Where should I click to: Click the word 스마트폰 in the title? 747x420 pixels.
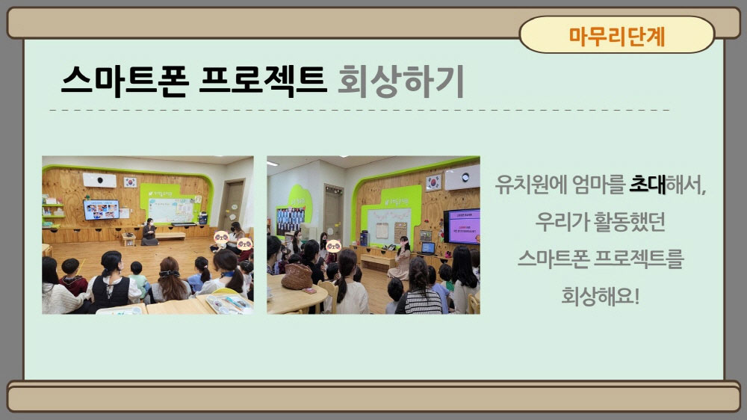[x=125, y=80]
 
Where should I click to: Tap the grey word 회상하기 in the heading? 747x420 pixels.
[x=400, y=80]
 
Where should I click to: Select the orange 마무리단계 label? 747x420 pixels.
[x=617, y=36]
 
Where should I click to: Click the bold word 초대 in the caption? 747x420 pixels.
[x=648, y=184]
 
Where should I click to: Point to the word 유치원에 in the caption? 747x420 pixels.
[x=530, y=184]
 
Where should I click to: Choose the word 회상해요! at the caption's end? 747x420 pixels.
[x=601, y=296]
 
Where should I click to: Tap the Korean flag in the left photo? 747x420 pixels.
[x=130, y=182]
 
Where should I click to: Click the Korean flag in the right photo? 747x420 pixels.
[x=433, y=182]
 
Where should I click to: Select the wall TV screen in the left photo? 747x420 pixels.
[x=102, y=210]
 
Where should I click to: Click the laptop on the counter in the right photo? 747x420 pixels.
[x=427, y=248]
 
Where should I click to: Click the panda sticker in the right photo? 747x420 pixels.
[x=333, y=246]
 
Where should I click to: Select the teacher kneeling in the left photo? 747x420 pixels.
[x=149, y=232]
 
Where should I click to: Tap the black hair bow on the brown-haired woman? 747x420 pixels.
[x=170, y=274]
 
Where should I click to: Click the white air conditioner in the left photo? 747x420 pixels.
[x=99, y=180]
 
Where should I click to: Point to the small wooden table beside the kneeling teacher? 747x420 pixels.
[x=128, y=239]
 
